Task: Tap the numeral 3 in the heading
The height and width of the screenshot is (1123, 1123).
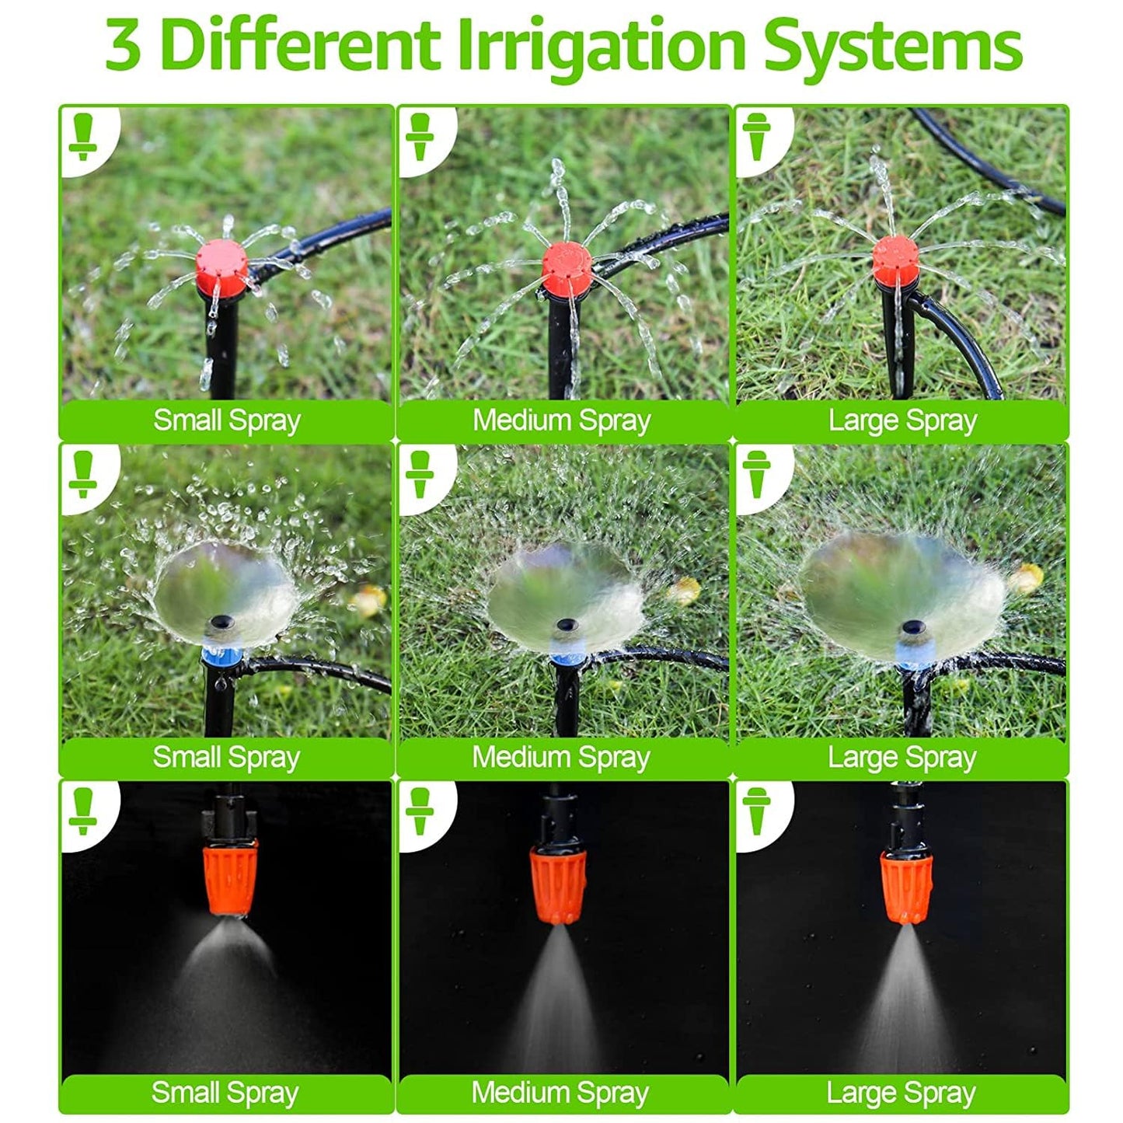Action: (x=124, y=45)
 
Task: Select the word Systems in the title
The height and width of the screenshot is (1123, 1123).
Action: (x=891, y=45)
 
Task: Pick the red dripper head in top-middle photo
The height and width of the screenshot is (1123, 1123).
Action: (x=567, y=264)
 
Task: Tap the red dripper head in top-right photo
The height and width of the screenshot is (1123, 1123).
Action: (x=897, y=260)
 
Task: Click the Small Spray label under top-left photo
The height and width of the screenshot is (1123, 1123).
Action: (x=226, y=420)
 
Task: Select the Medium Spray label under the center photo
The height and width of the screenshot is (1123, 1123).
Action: (x=561, y=757)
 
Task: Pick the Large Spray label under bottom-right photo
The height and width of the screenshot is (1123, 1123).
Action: (x=901, y=1093)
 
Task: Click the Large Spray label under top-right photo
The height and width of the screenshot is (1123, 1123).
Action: (x=902, y=420)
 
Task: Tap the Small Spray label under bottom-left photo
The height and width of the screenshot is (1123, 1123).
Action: (x=225, y=1093)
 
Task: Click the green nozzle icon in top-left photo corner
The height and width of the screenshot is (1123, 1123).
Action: (x=82, y=137)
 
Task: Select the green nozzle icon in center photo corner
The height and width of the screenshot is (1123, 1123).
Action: (x=420, y=474)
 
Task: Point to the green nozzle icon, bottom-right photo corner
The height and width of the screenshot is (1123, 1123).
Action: (x=756, y=811)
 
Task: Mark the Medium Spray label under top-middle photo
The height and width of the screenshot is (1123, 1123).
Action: (x=562, y=420)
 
